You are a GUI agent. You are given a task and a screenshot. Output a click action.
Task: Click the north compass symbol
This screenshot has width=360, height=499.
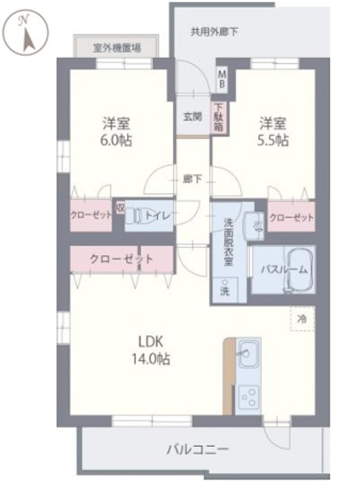point(27,32)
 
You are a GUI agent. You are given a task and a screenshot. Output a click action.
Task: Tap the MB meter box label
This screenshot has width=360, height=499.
point(222,80)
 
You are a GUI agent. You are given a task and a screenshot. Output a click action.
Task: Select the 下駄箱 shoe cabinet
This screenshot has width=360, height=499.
point(218,117)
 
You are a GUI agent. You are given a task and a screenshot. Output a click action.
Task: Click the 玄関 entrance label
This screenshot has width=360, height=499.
point(192,117)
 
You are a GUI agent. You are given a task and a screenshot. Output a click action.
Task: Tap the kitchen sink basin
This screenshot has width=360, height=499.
point(249,353)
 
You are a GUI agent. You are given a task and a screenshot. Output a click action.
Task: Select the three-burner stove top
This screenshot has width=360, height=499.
point(249,397)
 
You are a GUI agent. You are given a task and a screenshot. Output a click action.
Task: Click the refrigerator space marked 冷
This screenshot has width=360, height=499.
point(302,319)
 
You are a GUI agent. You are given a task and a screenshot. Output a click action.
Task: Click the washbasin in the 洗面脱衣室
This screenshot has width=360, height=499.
point(255,225)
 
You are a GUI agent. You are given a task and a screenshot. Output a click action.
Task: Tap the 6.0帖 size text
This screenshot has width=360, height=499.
point(116,140)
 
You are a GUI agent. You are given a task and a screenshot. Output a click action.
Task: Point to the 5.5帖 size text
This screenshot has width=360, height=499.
point(273,140)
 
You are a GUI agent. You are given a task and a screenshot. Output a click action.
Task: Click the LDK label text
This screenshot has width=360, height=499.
point(150,342)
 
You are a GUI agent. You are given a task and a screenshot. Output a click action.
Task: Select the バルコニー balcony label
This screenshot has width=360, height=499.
point(198,450)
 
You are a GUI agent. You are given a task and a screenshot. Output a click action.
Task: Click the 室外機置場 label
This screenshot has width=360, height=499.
point(117,48)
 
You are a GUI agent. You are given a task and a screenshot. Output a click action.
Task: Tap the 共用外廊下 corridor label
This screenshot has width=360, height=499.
point(214,32)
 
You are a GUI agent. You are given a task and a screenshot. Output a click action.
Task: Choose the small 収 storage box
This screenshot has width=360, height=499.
point(120,207)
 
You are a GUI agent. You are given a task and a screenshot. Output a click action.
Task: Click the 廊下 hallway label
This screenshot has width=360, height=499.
point(192,179)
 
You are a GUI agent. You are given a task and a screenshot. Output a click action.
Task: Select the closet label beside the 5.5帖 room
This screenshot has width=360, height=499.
point(291,218)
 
